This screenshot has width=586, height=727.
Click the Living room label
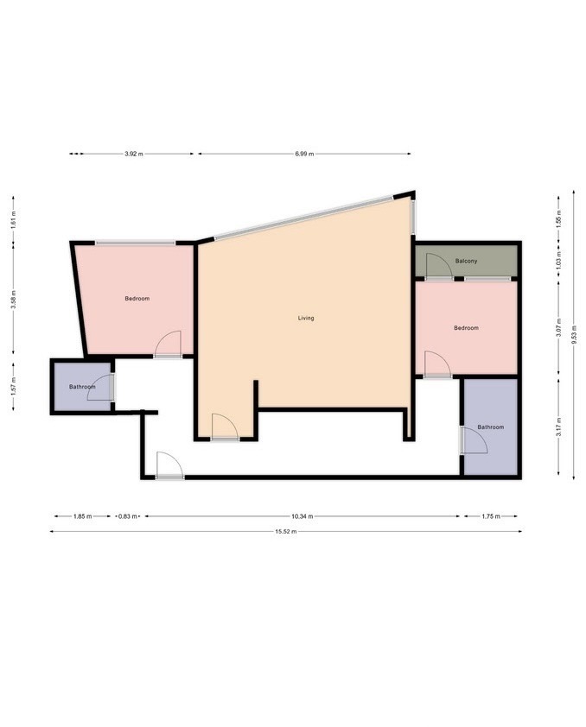point(306,319)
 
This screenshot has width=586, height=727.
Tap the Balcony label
point(467,261)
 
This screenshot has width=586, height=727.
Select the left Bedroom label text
point(137,299)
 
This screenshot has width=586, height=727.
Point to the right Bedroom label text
point(466,328)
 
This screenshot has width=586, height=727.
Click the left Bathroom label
point(82,387)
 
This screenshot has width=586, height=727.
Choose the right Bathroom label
point(490,427)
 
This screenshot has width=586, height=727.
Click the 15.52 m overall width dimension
point(286,532)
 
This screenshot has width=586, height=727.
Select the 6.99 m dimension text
point(303,154)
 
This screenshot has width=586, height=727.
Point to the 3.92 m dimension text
point(132,154)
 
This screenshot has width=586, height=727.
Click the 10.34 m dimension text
point(301,516)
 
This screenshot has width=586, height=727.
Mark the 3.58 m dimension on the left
point(13,300)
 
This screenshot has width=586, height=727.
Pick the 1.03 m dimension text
point(558,257)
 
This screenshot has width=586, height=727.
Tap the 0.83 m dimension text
point(127,516)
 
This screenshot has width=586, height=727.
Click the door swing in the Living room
point(223,427)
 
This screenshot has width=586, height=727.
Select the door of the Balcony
point(439,268)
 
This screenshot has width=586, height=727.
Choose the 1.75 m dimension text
point(490,516)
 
